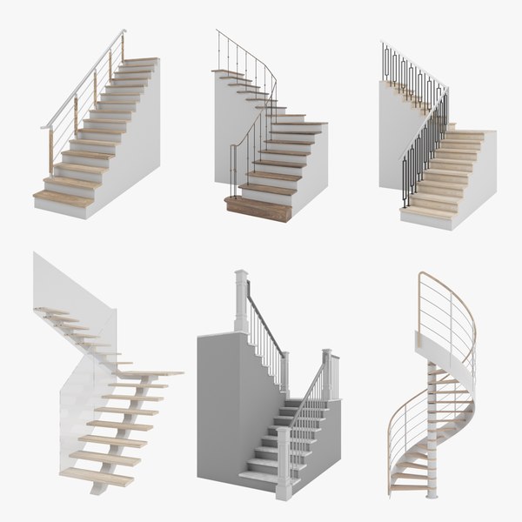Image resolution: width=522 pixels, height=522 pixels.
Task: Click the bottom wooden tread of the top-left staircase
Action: tap(63, 198)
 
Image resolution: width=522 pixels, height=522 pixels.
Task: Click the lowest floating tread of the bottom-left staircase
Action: tap(96, 476)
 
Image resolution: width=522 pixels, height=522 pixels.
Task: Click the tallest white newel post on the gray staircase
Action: tap(241, 304)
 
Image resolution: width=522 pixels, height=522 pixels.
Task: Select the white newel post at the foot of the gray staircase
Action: tap(284, 461)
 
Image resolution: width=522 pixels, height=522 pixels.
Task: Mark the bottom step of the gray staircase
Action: tap(261, 477)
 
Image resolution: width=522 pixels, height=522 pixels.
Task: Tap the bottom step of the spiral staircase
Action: tap(409, 487)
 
